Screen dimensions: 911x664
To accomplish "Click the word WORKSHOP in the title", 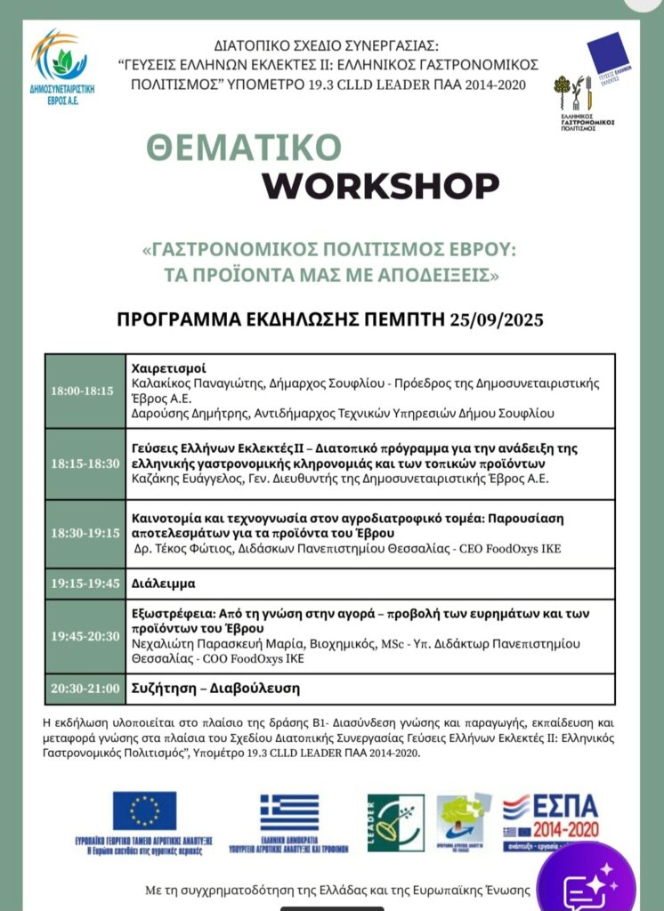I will (380, 185).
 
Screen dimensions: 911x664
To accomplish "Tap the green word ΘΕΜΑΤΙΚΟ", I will (245, 148).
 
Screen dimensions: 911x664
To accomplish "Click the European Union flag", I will (144, 810).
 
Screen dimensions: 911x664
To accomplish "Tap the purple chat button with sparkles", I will (587, 881).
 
